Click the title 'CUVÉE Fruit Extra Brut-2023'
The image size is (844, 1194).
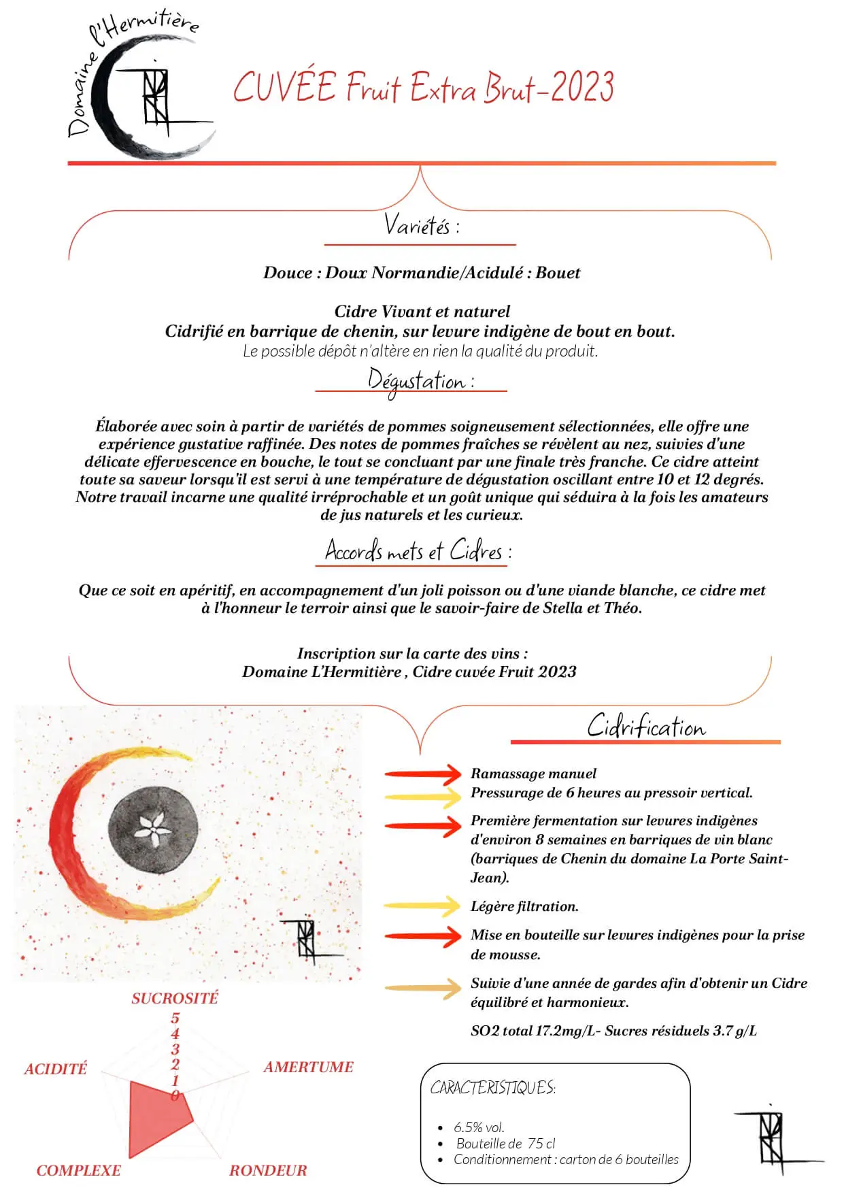pos(423,88)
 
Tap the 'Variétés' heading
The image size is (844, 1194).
pos(421,225)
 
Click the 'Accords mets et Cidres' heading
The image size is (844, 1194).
pos(418,551)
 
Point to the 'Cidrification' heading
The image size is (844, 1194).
pos(646,727)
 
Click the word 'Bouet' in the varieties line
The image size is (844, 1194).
pos(558,273)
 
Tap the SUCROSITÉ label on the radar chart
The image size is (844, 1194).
pos(175,998)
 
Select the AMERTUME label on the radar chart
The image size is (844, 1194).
pos(308,1067)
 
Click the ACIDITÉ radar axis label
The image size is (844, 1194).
pos(56,1069)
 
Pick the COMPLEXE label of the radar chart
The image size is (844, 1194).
pos(78,1170)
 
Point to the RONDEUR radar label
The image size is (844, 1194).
pos(268,1170)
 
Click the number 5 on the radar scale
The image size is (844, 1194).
pos(175,1018)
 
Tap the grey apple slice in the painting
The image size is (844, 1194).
pos(154,827)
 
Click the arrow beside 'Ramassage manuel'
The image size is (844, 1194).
pos(423,774)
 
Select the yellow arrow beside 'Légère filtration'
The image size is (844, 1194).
pos(422,906)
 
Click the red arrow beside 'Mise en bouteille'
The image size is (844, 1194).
pos(423,936)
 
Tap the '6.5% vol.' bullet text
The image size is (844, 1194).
pos(479,1127)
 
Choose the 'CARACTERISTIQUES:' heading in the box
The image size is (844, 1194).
pos(492,1088)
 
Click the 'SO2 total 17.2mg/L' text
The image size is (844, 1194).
pos(533,1031)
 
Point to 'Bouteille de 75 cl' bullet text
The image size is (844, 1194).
pos(505,1144)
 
